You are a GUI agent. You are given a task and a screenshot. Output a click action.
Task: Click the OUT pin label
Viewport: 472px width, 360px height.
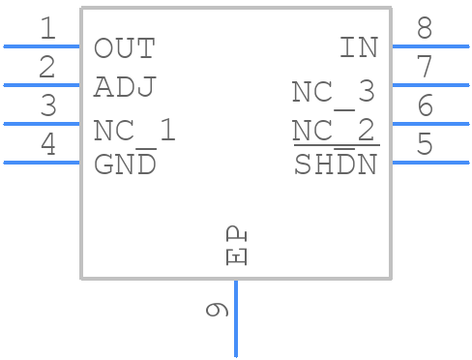point(124,48)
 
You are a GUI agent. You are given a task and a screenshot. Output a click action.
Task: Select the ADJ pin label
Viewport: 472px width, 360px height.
point(124,87)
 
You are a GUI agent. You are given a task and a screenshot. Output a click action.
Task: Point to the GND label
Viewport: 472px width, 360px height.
point(125,165)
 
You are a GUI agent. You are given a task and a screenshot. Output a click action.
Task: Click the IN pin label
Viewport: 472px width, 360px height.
point(358,48)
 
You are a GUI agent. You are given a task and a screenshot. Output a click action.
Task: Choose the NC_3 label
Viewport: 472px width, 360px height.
point(334,92)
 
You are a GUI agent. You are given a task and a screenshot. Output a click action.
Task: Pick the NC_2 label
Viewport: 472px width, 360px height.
point(334,131)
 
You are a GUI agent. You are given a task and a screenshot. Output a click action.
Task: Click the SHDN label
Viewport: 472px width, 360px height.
point(336,165)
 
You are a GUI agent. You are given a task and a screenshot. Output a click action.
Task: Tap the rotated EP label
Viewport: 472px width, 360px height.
point(236,247)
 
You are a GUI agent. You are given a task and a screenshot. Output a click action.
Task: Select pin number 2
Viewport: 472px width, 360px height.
point(47,68)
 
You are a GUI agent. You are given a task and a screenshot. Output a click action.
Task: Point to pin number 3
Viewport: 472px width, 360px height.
point(47,106)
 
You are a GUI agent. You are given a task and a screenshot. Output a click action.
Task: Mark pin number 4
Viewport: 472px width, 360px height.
point(47,145)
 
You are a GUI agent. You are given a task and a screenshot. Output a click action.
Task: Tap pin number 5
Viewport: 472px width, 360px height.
point(425,145)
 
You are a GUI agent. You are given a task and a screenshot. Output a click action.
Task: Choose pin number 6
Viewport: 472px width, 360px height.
point(425,106)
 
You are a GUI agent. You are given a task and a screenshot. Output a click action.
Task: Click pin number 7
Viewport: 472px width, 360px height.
point(425,68)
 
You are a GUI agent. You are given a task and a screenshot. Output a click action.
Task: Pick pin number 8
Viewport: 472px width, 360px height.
point(425,29)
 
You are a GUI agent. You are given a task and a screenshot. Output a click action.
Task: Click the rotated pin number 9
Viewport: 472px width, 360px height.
point(217,311)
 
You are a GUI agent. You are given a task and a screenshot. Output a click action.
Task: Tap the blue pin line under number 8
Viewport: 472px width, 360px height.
point(429,45)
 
